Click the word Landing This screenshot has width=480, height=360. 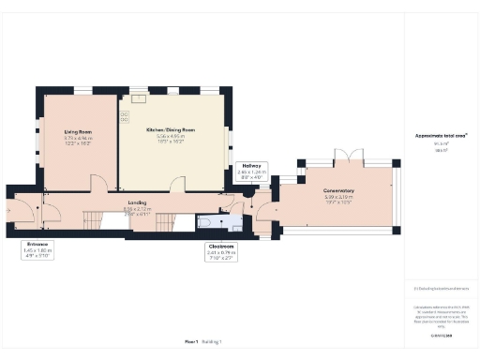(137, 202)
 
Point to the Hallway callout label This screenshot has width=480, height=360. (251, 166)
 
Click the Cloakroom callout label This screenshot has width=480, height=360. (220, 247)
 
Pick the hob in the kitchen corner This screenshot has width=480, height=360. (124, 119)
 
